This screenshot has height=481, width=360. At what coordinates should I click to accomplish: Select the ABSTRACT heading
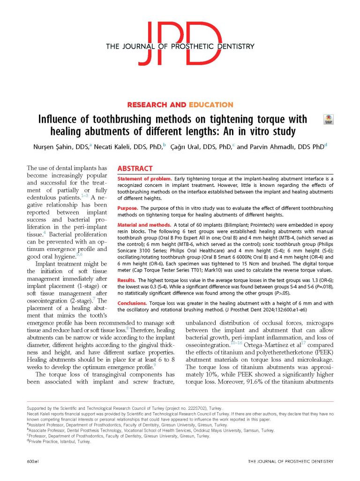pyautogui.click(x=135, y=169)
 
